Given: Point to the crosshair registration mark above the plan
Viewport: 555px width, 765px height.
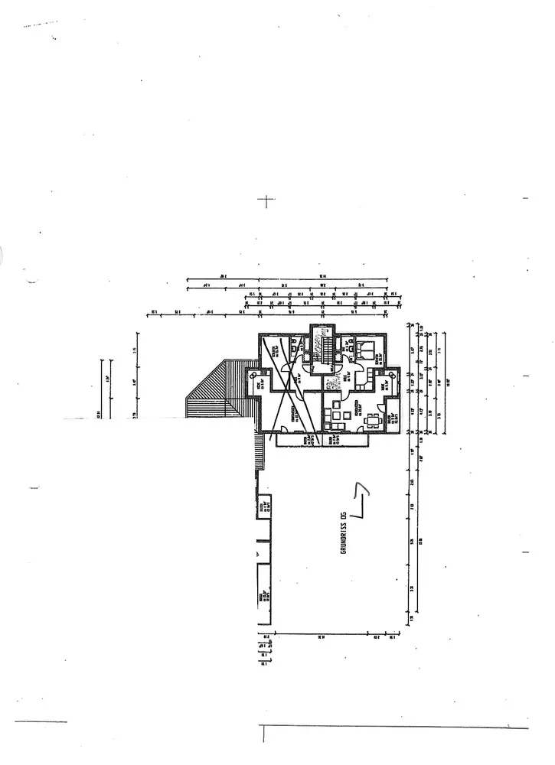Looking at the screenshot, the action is coord(266,201).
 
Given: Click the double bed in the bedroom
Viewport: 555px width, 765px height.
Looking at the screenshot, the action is coord(363,351).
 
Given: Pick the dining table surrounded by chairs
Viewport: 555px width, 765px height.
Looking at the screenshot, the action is coord(374,419).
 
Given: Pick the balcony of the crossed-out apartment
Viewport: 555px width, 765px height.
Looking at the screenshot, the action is coord(298,441).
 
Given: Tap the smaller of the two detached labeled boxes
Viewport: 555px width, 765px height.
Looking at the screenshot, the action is coord(263,506).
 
